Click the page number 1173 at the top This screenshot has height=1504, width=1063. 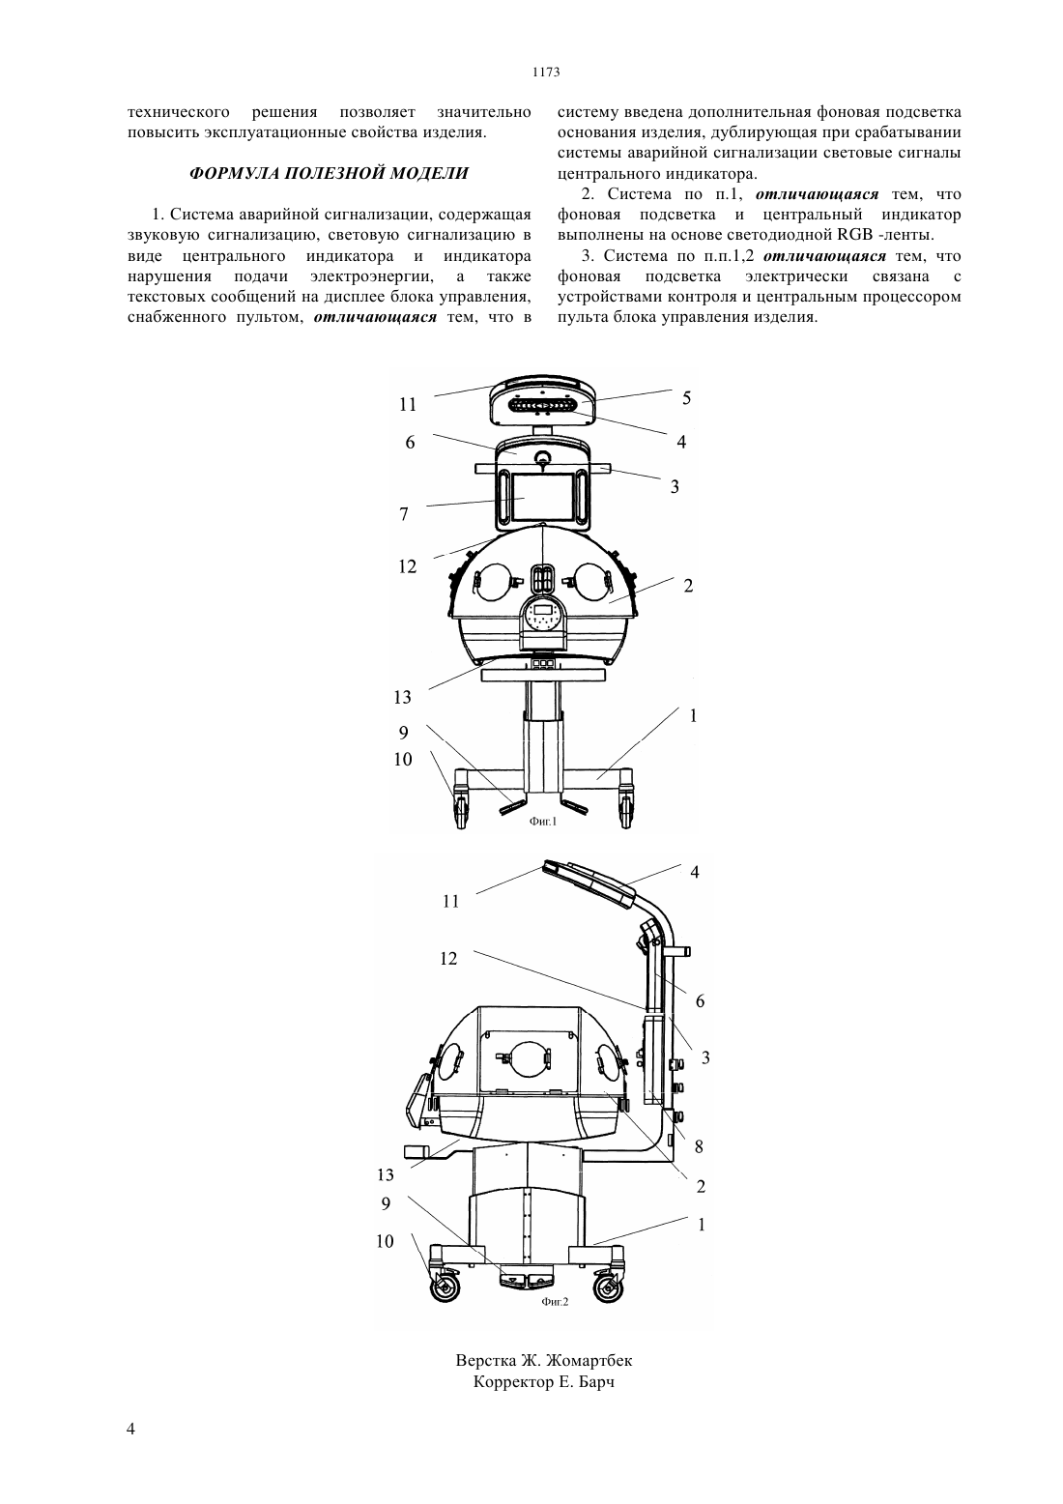(x=546, y=72)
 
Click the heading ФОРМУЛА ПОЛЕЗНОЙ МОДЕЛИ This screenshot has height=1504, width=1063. (x=329, y=173)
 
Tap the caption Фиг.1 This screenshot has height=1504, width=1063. (x=543, y=821)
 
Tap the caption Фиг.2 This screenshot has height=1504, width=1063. (x=555, y=1302)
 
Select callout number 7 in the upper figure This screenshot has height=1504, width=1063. (x=403, y=514)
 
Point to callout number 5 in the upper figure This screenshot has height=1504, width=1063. (x=686, y=398)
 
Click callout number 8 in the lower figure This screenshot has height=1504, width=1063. (x=699, y=1146)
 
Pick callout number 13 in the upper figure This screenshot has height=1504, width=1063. (x=402, y=698)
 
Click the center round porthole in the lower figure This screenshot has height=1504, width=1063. (x=526, y=1060)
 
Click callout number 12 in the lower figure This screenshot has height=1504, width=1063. (x=448, y=959)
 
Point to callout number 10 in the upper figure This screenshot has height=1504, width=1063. (x=403, y=760)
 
